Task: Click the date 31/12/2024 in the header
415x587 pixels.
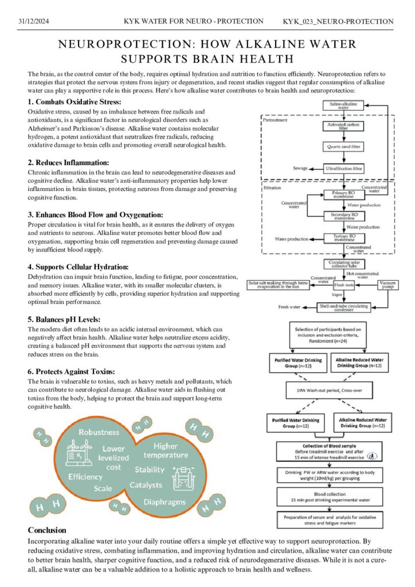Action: pos(34,21)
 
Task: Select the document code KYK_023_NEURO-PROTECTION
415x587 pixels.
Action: pos(338,21)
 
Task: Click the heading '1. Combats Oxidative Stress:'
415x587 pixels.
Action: pos(75,102)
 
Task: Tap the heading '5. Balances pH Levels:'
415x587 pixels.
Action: pos(64,319)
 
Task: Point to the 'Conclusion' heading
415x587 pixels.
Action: pos(47,530)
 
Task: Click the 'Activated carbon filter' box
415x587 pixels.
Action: pos(343,126)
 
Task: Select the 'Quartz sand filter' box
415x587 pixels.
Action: pos(343,147)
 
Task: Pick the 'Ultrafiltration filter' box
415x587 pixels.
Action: pos(343,169)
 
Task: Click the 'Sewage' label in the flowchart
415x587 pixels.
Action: pos(300,169)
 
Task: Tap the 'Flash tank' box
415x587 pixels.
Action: pos(343,285)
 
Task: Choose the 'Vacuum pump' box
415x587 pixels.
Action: pos(387,285)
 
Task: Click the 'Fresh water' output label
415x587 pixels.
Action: pos(289,307)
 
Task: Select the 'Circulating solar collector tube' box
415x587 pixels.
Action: pos(344,264)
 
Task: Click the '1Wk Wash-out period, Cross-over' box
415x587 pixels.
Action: pos(329,390)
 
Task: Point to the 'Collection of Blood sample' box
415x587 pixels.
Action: pos(329,452)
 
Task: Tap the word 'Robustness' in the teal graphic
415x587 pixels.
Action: pos(99,432)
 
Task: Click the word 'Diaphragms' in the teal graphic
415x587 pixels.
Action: pos(165,502)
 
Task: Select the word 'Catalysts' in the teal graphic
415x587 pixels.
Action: pos(146,485)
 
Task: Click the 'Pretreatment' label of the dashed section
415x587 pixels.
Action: pos(275,120)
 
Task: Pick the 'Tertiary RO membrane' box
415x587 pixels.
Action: pos(344,238)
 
